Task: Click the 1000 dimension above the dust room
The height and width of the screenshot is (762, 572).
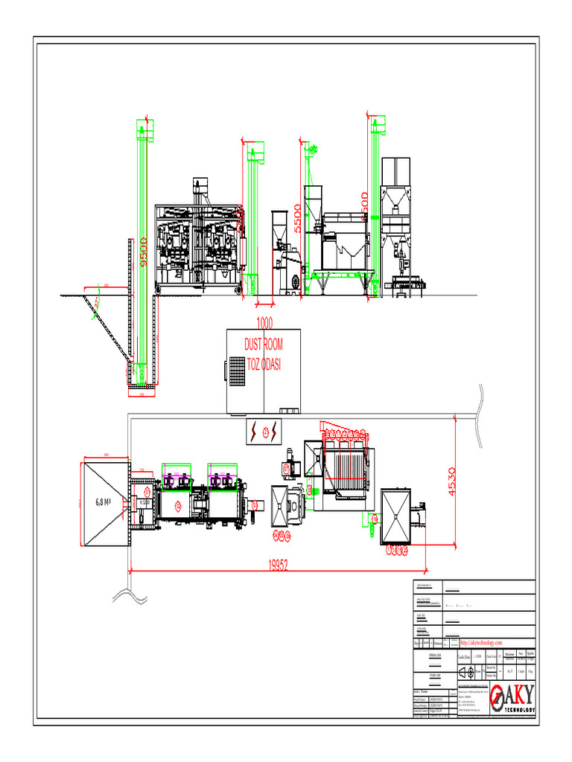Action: [264, 323]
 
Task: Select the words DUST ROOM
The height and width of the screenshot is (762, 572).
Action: [264, 345]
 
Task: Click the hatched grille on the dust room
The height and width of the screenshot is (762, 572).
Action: [238, 369]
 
